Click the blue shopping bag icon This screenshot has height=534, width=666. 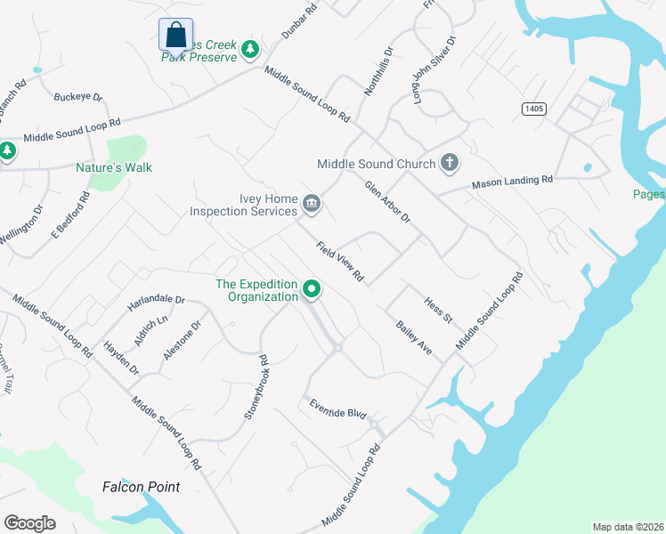click(175, 36)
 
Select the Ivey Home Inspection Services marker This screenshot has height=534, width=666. click(312, 205)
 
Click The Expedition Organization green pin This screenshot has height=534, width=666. click(312, 289)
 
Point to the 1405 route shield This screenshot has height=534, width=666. click(533, 108)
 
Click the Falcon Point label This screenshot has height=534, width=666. click(141, 487)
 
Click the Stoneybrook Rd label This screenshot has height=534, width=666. click(256, 388)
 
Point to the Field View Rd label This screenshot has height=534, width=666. click(341, 262)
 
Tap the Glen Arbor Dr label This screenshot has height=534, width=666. click(387, 202)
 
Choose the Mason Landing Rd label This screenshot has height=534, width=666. click(512, 182)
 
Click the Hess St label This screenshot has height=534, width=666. click(438, 311)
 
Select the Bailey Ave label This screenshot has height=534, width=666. click(414, 339)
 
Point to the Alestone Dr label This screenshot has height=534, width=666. click(183, 340)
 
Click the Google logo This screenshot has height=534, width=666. click(29, 522)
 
